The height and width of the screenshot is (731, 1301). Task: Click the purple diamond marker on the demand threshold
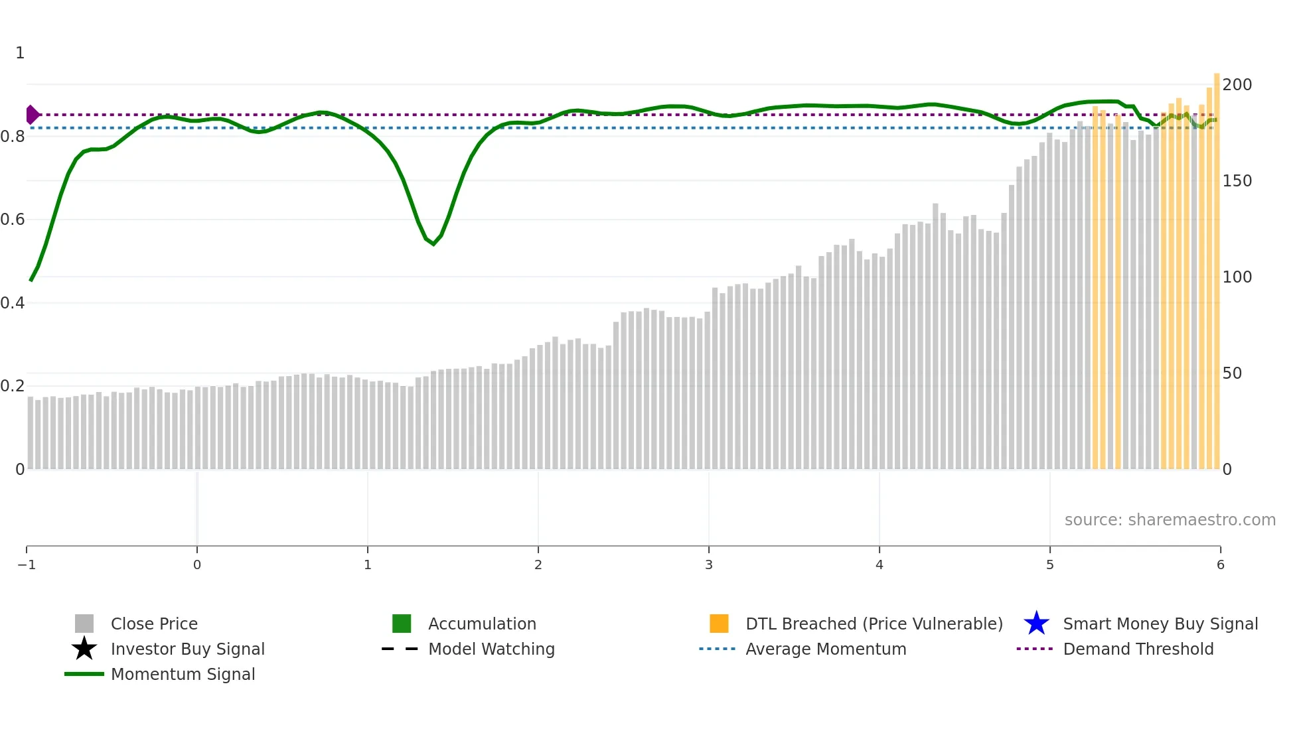pos(32,115)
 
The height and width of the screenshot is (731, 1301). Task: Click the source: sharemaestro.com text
pos(1170,520)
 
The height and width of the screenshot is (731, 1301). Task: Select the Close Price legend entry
pos(154,624)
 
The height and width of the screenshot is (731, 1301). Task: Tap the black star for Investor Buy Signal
pos(84,649)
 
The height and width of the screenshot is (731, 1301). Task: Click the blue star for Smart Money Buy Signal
pos(1036,624)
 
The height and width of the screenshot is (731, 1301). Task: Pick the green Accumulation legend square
pos(402,624)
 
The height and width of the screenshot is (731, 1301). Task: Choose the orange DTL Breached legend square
pos(719,624)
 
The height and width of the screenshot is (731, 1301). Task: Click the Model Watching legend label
pos(491,649)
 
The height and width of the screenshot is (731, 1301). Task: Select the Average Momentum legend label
pos(826,649)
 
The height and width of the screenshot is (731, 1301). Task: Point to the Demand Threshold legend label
pos(1138,649)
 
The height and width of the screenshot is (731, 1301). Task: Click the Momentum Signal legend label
pos(183,674)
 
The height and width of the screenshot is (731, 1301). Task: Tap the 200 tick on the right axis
pos(1237,85)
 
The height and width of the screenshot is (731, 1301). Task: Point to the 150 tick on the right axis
pos(1237,181)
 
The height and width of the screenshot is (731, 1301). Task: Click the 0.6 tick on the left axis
pos(13,220)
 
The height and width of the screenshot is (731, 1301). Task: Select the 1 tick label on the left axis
pos(20,53)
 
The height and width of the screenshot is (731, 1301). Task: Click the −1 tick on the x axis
pos(27,565)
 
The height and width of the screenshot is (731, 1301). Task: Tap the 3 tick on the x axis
pos(709,565)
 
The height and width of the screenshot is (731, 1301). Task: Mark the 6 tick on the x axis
pos(1220,565)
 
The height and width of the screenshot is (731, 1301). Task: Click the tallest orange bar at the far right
pos(1217,265)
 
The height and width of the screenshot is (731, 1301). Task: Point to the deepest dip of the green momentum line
pos(433,244)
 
